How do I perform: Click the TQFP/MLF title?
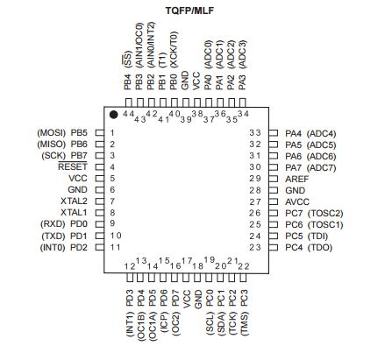pyautogui.click(x=189, y=11)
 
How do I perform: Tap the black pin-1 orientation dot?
pyautogui.click(x=114, y=115)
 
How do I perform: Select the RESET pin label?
pyautogui.click(x=73, y=166)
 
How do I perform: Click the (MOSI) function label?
pyautogui.click(x=52, y=133)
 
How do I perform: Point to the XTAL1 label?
pyautogui.click(x=74, y=212)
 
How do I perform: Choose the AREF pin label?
pyautogui.click(x=296, y=179)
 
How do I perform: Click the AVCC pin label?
pyautogui.click(x=297, y=201)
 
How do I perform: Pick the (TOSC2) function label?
pyautogui.click(x=325, y=214)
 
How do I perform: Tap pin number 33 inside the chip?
pyautogui.click(x=255, y=133)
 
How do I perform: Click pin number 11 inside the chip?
pyautogui.click(x=115, y=247)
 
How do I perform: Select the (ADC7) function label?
pyautogui.click(x=321, y=168)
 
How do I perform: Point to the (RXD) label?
pyautogui.click(x=53, y=224)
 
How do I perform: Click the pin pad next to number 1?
pyautogui.click(x=100, y=133)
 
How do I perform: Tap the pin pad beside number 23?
pyautogui.click(x=273, y=248)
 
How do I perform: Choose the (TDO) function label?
pyautogui.click(x=320, y=248)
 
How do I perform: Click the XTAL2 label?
pyautogui.click(x=74, y=201)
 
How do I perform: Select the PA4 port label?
pyautogui.click(x=293, y=134)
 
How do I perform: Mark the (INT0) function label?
pyautogui.click(x=53, y=248)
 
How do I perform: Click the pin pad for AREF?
pyautogui.click(x=273, y=179)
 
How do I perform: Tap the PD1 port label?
pyautogui.click(x=79, y=236)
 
